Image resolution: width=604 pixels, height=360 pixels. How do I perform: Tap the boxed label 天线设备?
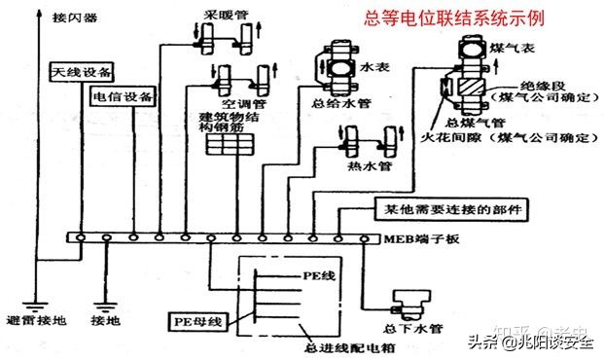click(82, 73)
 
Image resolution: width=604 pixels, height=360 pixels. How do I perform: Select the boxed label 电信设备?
click(123, 97)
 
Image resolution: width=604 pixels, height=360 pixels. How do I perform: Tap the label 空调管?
click(239, 101)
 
